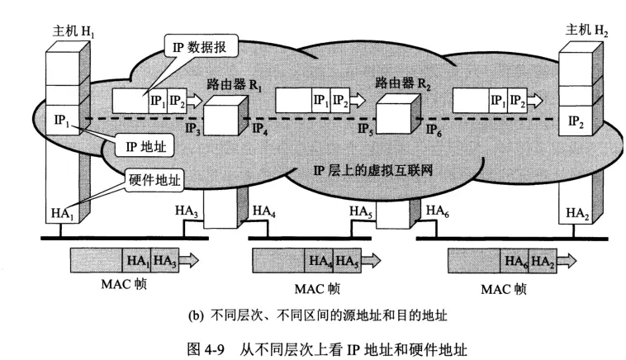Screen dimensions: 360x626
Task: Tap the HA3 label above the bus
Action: click(x=187, y=211)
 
